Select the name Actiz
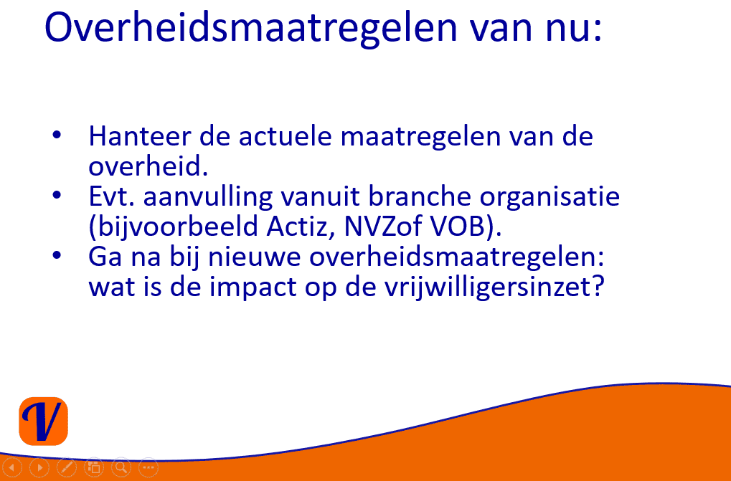coord(300,227)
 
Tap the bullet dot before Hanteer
coord(57,135)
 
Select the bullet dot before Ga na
coord(57,256)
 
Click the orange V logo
coord(43,421)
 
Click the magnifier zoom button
coord(121,467)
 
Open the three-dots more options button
coord(148,467)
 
